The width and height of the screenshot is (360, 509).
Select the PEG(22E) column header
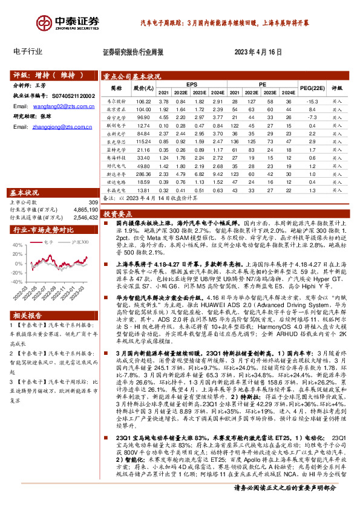pyautogui.click(x=311, y=89)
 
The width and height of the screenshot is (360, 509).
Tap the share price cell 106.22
pyautogui.click(x=143, y=102)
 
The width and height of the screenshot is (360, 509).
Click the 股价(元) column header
pyautogui.click(x=142, y=88)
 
